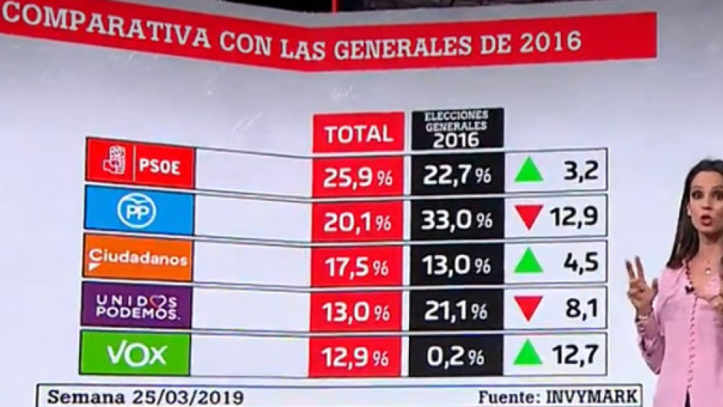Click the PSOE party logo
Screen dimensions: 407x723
[x=139, y=163]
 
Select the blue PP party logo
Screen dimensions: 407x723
[x=139, y=211]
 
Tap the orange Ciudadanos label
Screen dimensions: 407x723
[x=138, y=258]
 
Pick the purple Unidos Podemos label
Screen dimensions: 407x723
[x=137, y=305]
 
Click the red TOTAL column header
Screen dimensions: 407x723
[x=359, y=134]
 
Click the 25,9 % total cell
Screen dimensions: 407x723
[x=358, y=175]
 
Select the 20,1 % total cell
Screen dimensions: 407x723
[x=358, y=221]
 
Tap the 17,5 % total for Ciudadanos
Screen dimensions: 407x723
[x=357, y=266]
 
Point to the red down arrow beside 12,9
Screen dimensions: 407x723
[x=528, y=217]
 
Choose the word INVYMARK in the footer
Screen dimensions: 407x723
[x=592, y=397]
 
